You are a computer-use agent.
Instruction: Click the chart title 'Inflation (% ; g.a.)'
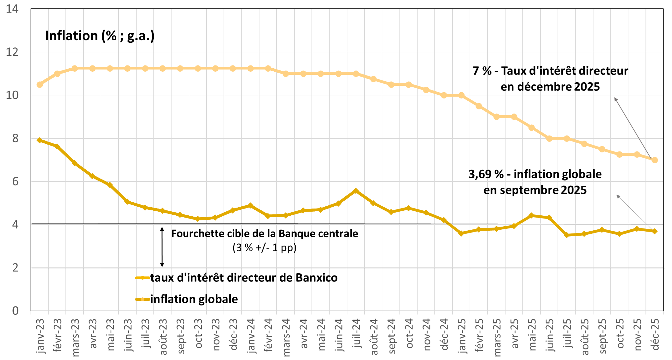point(100,36)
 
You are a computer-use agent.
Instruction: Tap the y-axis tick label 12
point(12,52)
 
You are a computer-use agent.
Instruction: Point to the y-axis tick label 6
point(15,181)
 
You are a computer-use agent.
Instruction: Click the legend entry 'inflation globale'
point(194,299)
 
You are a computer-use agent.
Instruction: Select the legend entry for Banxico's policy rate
point(244,278)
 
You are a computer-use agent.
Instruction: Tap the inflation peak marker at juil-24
point(356,191)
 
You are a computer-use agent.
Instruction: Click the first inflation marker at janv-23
point(40,140)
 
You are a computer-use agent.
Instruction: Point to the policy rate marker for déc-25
point(655,160)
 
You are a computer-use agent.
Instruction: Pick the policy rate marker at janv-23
point(40,84)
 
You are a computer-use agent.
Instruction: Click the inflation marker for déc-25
point(655,231)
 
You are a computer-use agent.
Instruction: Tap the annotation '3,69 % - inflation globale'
point(535,174)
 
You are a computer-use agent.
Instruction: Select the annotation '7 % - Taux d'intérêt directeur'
point(550,71)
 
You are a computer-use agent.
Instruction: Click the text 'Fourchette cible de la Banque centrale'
point(264,234)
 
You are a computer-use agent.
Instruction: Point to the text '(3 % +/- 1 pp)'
point(264,248)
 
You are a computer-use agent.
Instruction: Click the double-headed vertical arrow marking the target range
point(162,247)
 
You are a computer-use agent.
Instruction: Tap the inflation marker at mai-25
point(532,215)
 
